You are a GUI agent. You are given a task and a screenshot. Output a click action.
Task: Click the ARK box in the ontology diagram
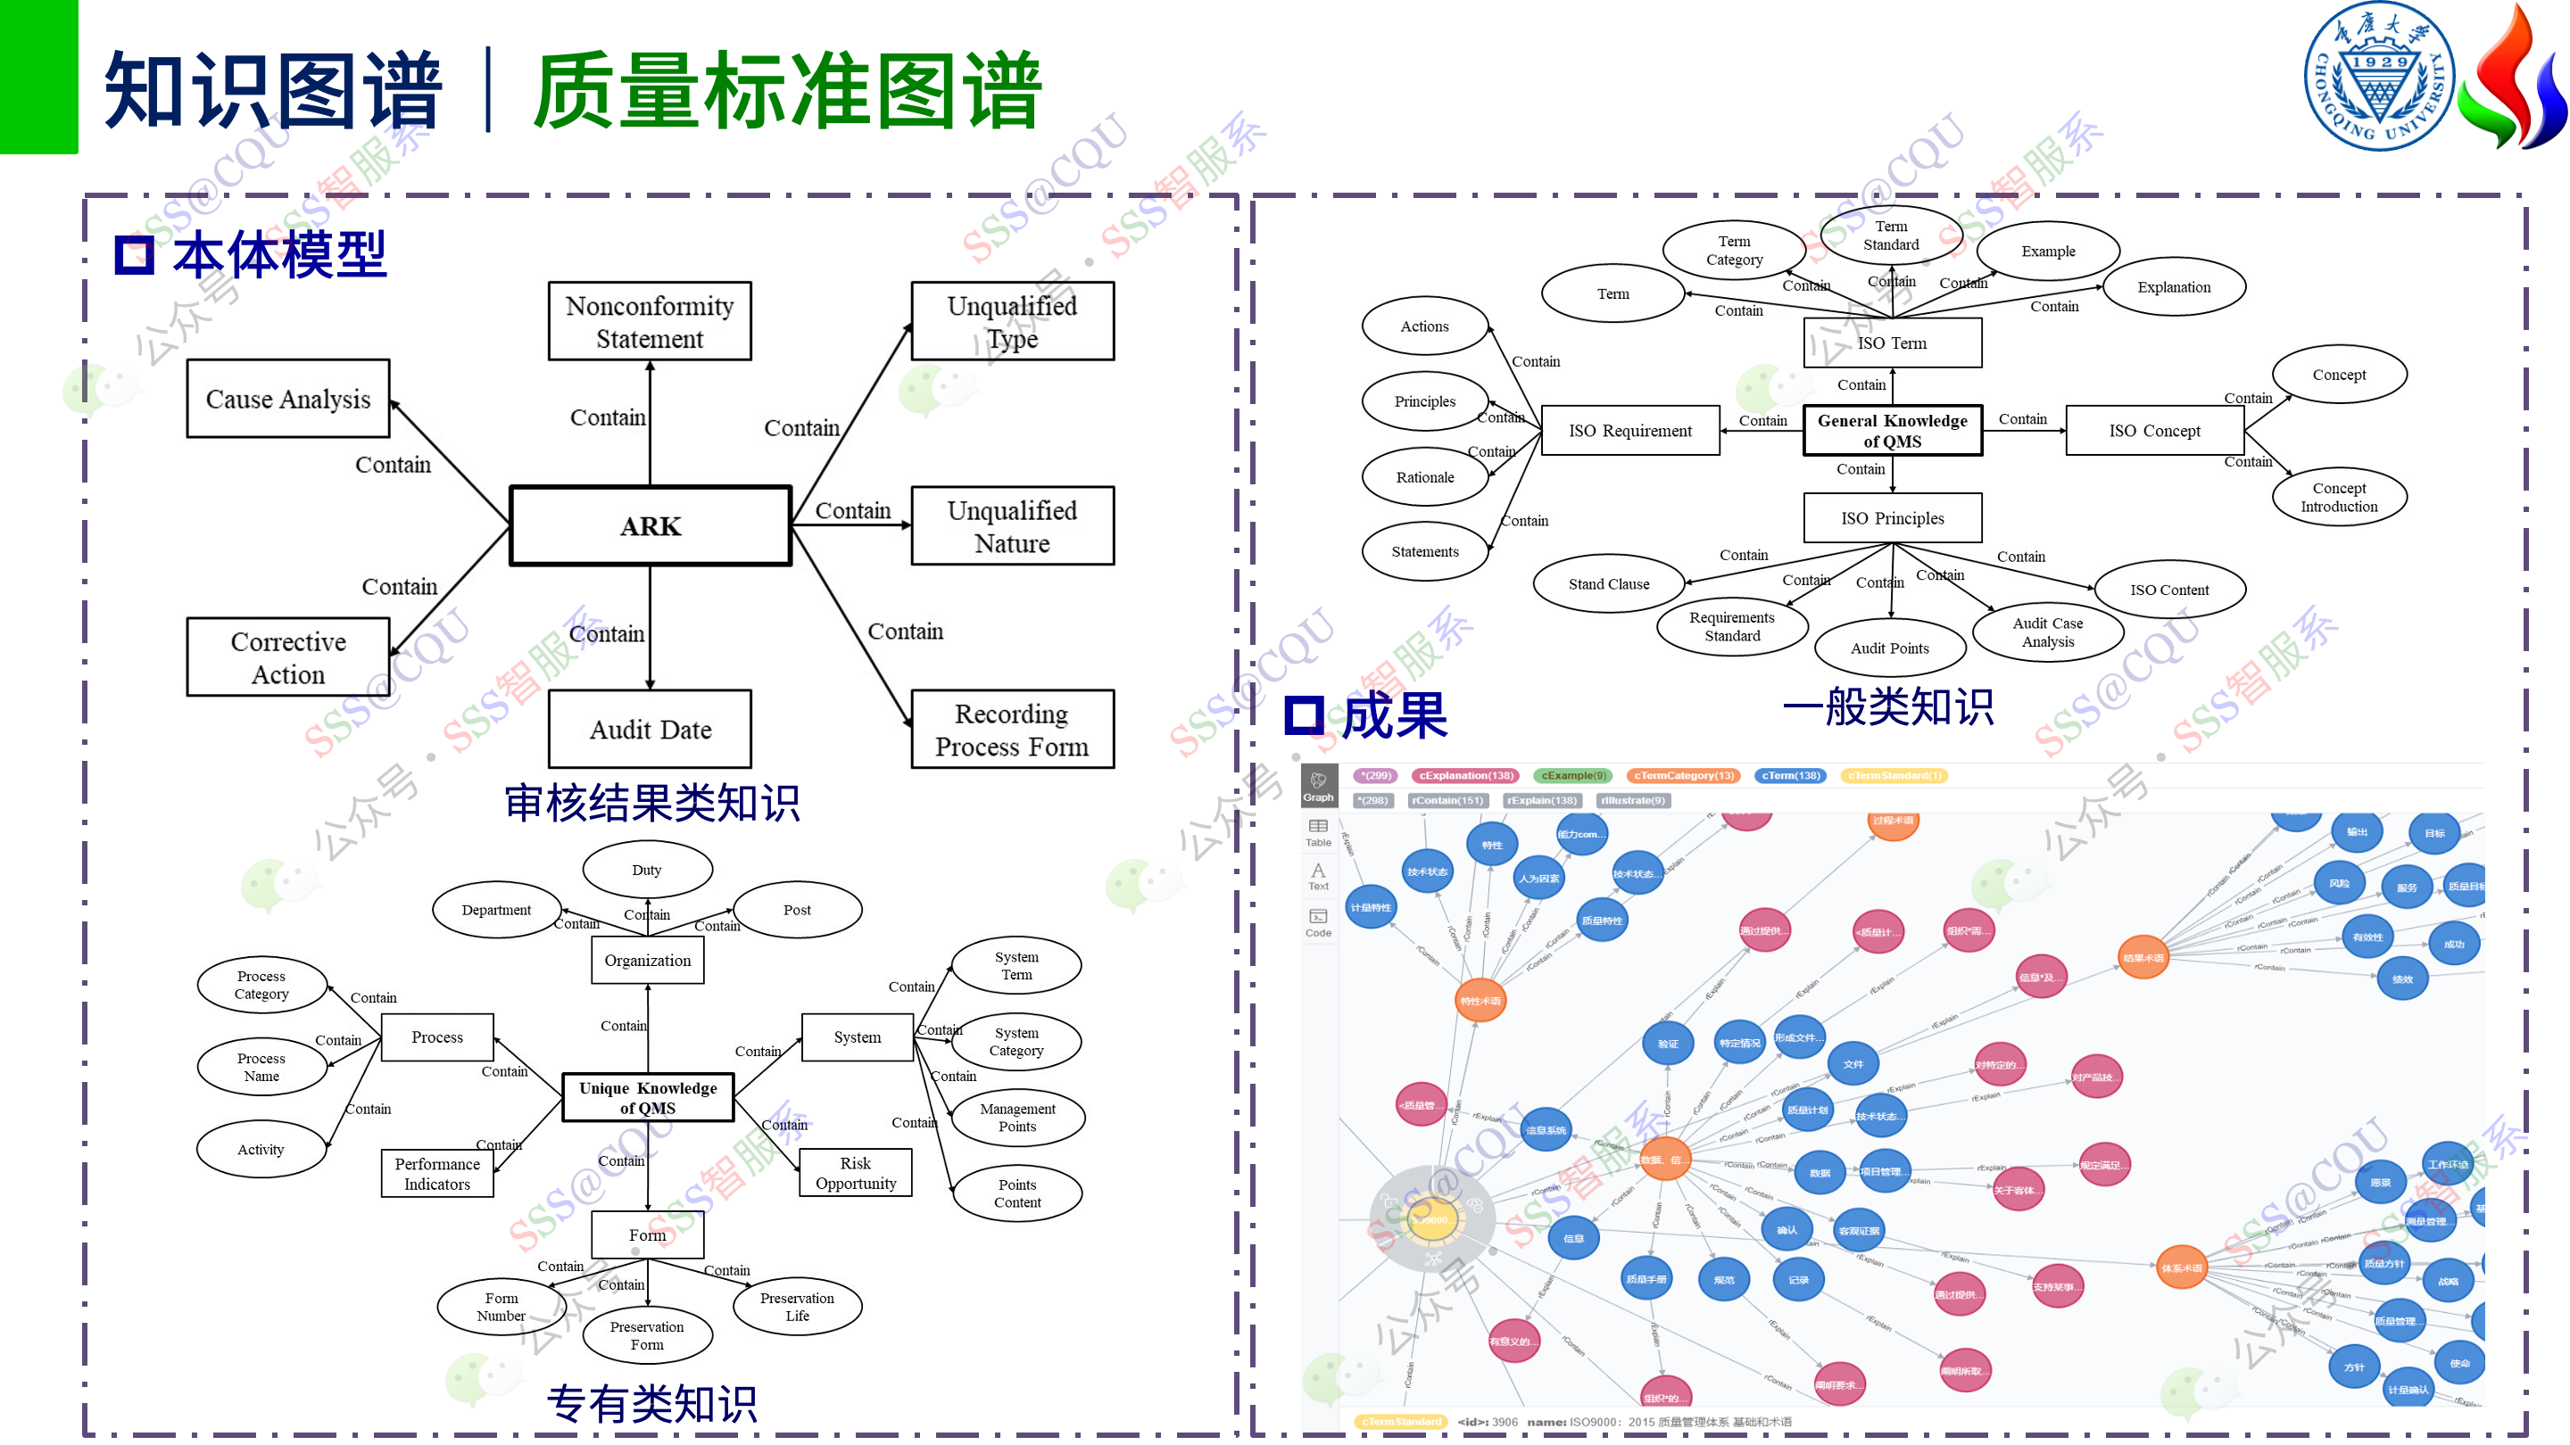coord(651,525)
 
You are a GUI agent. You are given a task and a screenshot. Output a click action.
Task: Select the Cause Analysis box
coord(287,399)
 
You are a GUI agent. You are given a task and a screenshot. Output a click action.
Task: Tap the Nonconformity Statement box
coord(650,321)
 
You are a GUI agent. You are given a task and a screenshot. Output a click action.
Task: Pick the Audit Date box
coord(650,729)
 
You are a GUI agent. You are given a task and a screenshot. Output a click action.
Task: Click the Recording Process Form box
coord(1012,729)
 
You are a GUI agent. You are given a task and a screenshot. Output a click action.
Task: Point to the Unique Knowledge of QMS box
coord(648,1097)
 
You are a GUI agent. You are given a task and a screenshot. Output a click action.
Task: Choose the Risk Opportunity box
coord(855,1173)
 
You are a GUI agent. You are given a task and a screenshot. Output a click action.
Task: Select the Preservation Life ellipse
coord(796,1307)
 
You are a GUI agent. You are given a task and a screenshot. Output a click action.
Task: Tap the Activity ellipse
coord(261,1149)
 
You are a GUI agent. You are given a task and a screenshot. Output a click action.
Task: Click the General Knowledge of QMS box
coord(1892,431)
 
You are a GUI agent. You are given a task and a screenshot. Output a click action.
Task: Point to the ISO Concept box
coord(2154,431)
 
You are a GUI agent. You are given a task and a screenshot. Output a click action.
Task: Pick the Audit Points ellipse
coord(1890,648)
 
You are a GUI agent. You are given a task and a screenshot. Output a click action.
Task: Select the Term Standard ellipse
coord(1891,235)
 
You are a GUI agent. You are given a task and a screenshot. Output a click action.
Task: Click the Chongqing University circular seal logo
coord(2379,76)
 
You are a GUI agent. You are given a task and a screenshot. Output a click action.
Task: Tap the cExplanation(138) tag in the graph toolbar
coord(1465,775)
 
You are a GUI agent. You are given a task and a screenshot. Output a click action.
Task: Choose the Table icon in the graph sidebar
coord(1318,831)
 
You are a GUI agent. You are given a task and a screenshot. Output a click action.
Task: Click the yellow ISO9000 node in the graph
coord(1432,1219)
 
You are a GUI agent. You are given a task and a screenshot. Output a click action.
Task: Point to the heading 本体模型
coord(278,254)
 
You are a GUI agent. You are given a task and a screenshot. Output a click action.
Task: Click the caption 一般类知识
coord(1887,707)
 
